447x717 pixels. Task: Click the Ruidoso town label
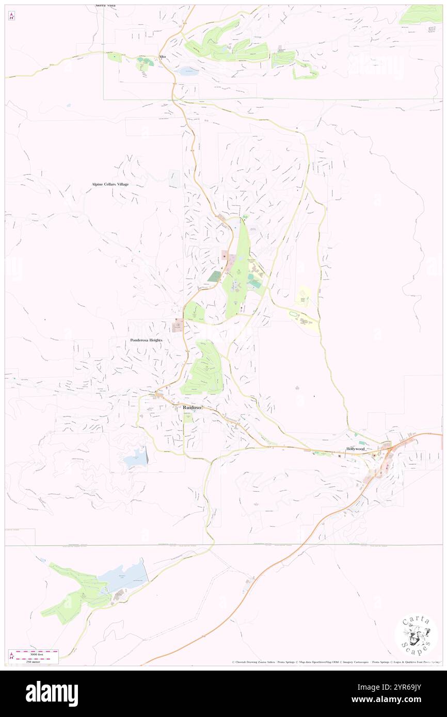193,408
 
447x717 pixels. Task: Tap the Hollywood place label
356,449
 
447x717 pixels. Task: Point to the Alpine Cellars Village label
110,184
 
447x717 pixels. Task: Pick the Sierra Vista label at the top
105,5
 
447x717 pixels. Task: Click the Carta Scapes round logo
416,635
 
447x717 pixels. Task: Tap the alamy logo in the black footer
52,693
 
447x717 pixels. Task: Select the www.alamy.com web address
403,699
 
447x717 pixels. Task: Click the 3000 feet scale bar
37,652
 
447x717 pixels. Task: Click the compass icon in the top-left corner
11,17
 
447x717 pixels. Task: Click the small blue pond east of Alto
189,72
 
